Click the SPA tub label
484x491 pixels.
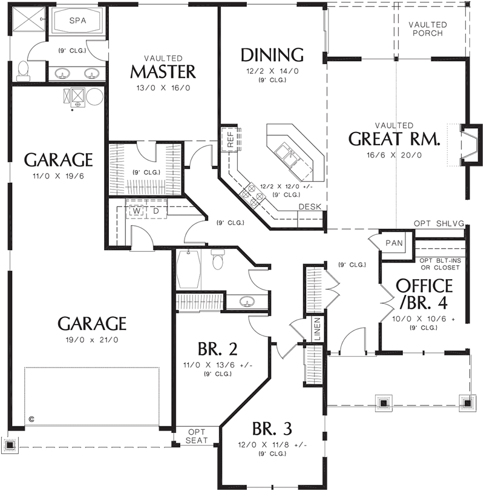[x=77, y=20]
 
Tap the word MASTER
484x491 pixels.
[x=163, y=71]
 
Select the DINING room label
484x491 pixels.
[x=272, y=55]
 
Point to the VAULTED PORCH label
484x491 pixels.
[x=428, y=28]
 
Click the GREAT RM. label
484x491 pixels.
[x=394, y=139]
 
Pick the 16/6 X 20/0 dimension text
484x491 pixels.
[x=394, y=154]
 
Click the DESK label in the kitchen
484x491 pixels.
[x=309, y=207]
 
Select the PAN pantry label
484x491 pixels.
[x=394, y=243]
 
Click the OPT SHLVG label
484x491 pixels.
[x=439, y=224]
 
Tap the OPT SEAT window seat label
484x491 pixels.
[x=197, y=436]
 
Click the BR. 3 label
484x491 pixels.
[x=272, y=429]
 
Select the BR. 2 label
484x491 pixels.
[x=217, y=349]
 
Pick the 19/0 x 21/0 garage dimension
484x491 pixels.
[x=92, y=340]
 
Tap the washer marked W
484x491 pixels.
[x=137, y=211]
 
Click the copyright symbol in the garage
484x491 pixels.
[x=31, y=418]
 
